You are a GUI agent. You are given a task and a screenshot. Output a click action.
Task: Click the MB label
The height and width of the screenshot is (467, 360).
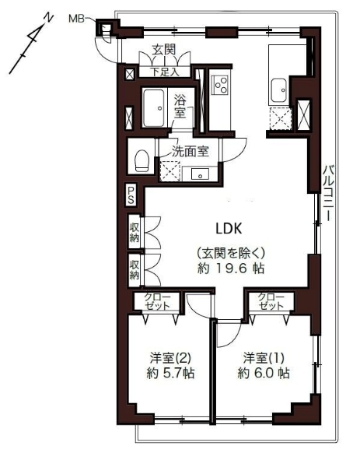(76, 19)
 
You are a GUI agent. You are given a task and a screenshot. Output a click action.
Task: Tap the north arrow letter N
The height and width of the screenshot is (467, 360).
(48, 18)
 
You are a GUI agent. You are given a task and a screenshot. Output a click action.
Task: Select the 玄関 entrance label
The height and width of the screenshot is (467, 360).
(164, 50)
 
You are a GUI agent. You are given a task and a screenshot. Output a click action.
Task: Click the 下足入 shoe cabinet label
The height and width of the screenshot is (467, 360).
(165, 72)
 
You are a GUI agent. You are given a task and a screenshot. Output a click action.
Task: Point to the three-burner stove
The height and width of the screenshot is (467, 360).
(220, 85)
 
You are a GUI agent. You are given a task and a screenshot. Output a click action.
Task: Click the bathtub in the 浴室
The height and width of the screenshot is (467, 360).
(154, 108)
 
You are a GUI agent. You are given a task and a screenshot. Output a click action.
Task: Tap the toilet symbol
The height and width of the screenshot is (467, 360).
(142, 160)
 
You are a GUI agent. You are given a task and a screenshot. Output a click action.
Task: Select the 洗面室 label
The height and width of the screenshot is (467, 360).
(190, 152)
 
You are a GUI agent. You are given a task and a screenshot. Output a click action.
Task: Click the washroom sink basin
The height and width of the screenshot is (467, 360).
(201, 174)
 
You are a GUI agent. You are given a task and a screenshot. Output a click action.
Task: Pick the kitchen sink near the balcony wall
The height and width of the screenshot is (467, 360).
(279, 90)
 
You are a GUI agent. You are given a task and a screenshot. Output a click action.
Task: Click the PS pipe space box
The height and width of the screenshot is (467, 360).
(131, 195)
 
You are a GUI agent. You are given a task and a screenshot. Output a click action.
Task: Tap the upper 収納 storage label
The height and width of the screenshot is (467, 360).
(135, 232)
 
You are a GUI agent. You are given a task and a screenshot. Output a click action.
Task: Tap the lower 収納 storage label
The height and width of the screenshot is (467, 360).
(135, 270)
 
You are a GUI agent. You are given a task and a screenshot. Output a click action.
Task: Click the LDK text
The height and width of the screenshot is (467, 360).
(229, 229)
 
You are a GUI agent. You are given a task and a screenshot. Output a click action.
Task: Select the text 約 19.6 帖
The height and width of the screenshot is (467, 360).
(231, 269)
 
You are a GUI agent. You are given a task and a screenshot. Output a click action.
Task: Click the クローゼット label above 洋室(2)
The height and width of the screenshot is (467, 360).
(158, 301)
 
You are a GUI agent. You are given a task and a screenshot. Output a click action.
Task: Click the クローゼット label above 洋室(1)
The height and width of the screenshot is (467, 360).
(271, 301)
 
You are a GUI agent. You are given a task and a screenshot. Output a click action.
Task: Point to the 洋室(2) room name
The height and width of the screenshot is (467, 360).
(170, 358)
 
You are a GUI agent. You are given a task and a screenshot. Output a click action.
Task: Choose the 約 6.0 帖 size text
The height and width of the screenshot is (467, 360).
(264, 373)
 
